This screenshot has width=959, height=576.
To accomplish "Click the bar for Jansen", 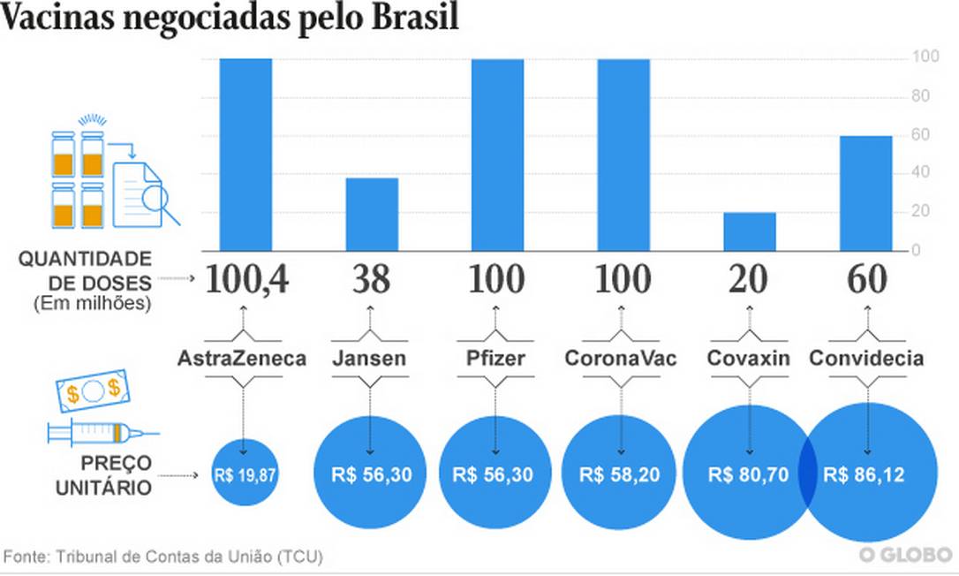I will (x=372, y=214).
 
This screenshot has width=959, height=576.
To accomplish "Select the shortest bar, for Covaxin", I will (x=750, y=231).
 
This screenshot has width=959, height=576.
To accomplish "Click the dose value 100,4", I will (x=246, y=280).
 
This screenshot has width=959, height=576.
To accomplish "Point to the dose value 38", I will (x=372, y=280).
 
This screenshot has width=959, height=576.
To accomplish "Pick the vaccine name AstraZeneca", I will (x=242, y=359).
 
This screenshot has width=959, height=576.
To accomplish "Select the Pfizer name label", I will (x=495, y=359).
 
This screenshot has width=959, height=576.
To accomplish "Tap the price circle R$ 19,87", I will (x=245, y=474).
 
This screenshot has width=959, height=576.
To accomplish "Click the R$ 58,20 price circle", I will (x=620, y=474).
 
